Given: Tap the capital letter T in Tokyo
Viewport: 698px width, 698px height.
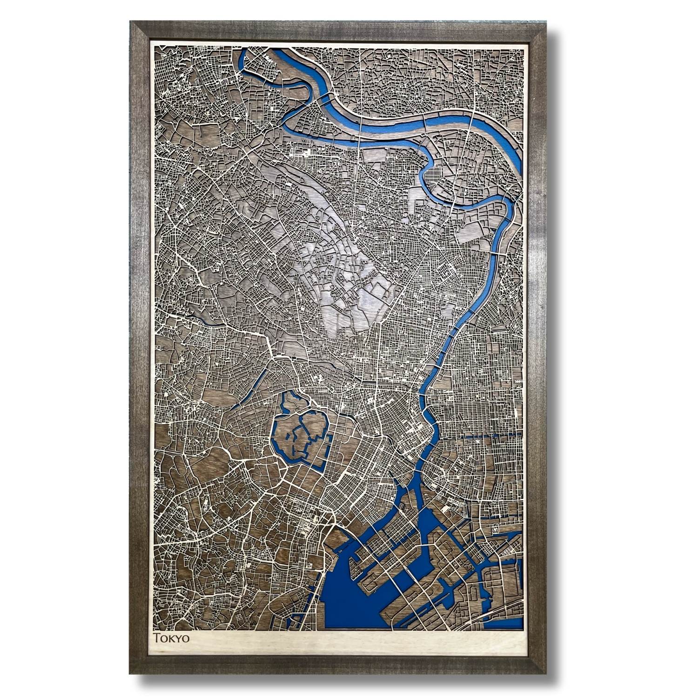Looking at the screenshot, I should pos(157,638).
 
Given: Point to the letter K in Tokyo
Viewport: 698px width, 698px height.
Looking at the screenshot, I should pos(170,638).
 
